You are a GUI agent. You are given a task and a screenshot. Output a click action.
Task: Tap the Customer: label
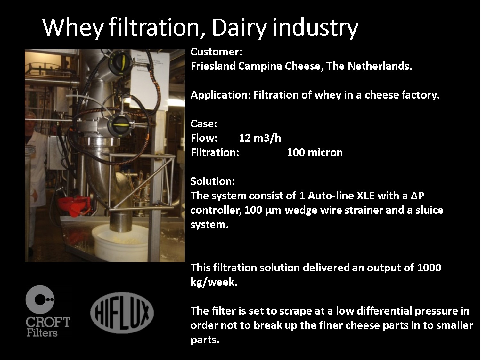point(216,52)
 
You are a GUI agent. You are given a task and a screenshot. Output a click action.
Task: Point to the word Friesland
point(213,66)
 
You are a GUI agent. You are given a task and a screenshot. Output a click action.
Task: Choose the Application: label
point(221,95)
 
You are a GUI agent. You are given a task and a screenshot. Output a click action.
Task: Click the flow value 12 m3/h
point(260,138)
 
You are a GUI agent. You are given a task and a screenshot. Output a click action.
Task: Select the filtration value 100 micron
point(315,153)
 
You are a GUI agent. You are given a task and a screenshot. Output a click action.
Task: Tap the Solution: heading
point(213,181)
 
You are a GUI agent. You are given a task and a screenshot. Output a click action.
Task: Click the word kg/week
point(214,282)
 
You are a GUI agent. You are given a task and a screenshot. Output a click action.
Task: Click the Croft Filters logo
point(47,311)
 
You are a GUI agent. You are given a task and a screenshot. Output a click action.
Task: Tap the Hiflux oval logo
point(122,313)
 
